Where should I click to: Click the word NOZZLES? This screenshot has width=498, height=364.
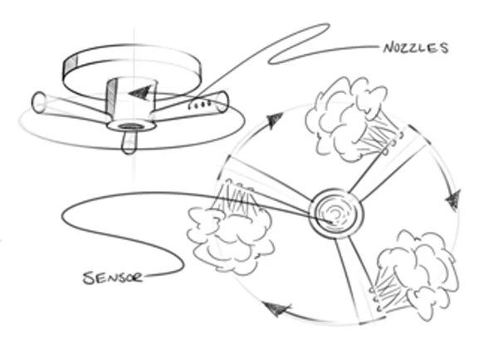click(414, 48)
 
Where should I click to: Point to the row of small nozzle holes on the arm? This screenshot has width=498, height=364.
click(198, 106)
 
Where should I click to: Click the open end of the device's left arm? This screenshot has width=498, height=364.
click(38, 103)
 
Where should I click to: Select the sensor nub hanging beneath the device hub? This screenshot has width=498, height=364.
click(128, 144)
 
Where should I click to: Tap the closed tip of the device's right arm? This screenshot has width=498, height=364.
click(225, 101)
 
